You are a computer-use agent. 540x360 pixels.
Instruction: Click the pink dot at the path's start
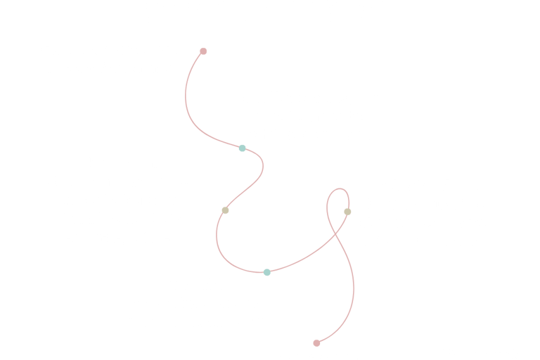point(203,51)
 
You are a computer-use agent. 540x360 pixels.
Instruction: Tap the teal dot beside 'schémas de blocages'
point(242,148)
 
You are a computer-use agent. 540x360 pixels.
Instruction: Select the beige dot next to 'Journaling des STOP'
point(225,210)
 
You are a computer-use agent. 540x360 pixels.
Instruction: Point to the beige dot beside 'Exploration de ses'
point(347,212)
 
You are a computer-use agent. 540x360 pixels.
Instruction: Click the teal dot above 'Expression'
point(267,272)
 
